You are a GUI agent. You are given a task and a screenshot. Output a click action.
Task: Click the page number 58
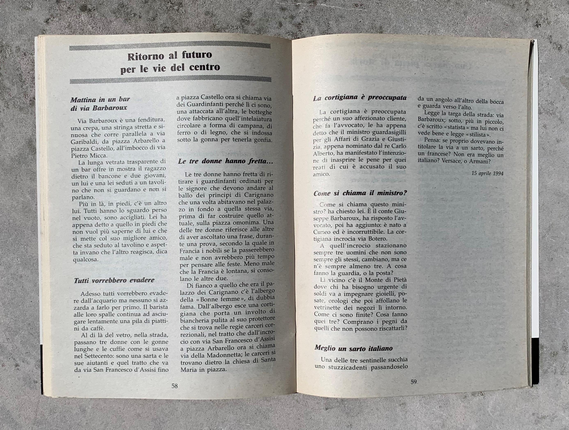[x=175, y=393]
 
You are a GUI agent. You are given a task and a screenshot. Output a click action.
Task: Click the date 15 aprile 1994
[x=488, y=173]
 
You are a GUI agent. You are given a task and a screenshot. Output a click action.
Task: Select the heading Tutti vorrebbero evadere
[x=114, y=280]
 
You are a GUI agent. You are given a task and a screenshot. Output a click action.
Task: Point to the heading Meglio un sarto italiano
[x=353, y=348]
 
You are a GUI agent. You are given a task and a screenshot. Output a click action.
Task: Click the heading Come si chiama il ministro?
[x=360, y=193]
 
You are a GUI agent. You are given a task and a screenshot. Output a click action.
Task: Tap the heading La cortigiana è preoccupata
[x=360, y=98]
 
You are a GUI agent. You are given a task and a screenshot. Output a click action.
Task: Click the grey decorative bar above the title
[x=170, y=46]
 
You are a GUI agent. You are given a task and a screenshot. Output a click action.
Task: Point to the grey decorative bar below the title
[x=170, y=81]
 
